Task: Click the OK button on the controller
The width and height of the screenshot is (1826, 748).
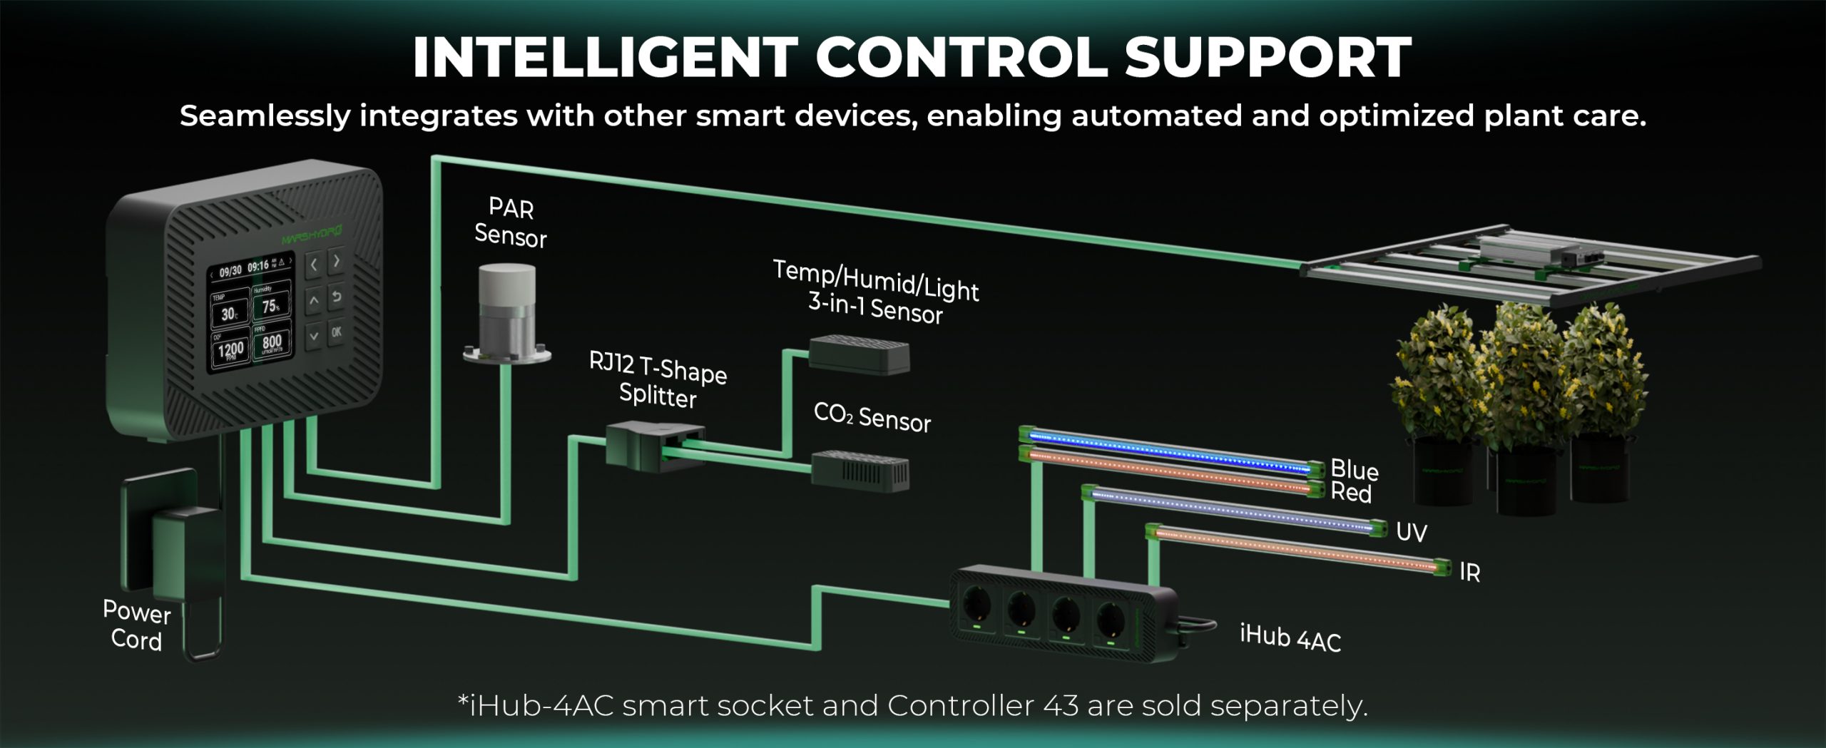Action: (336, 332)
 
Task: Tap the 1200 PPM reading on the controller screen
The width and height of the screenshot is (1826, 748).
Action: (230, 349)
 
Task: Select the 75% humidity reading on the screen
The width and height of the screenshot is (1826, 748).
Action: (271, 306)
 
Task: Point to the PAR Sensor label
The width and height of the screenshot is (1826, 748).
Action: (511, 222)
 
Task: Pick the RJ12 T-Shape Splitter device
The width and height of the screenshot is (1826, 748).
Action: (654, 446)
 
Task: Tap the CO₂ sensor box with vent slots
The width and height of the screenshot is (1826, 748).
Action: (862, 471)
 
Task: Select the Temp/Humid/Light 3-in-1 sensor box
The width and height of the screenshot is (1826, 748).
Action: (860, 354)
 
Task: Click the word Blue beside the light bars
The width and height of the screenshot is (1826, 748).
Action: (1354, 469)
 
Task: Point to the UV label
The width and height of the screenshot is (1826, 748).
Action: (1411, 532)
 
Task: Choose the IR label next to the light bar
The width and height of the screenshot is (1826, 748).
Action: (1469, 572)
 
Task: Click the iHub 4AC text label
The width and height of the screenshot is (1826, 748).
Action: (1290, 637)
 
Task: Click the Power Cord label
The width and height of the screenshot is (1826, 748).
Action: (136, 625)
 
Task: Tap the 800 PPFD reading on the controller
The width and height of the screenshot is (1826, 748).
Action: (272, 343)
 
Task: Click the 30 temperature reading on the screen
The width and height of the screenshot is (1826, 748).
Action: (229, 314)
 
